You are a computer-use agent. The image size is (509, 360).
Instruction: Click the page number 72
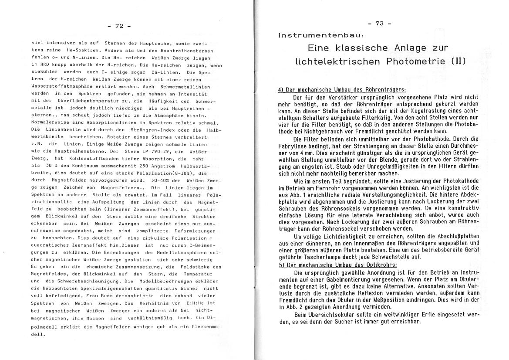(x=119, y=27)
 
